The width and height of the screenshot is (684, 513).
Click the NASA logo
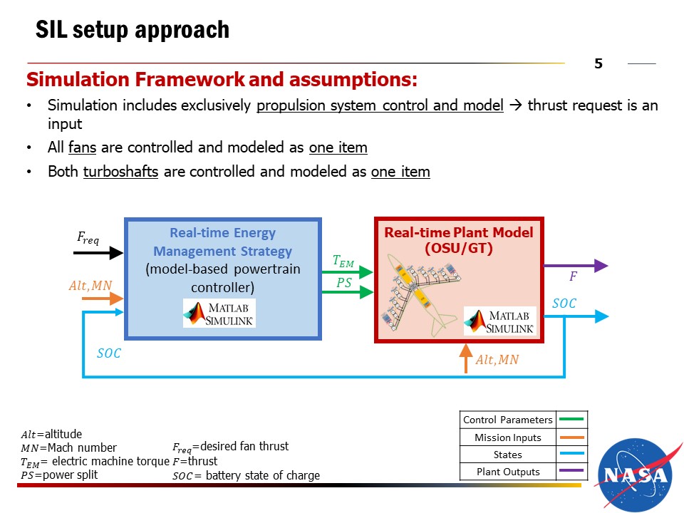click(x=635, y=475)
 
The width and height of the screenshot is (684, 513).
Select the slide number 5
click(x=598, y=63)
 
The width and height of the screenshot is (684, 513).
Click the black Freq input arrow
click(x=98, y=252)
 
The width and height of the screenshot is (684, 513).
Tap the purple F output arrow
click(x=576, y=265)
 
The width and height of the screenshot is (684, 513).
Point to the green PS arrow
click(x=348, y=291)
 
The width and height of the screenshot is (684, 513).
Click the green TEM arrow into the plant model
click(x=348, y=272)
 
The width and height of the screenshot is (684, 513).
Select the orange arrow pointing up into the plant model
click(x=466, y=358)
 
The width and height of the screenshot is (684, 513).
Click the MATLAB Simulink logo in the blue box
click(x=219, y=313)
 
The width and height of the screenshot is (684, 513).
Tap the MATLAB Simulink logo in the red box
click(x=500, y=321)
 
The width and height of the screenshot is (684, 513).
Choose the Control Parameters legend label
click(x=508, y=420)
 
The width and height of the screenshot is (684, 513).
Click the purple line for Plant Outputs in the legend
click(x=571, y=470)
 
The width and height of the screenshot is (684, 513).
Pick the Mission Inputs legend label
click(x=508, y=437)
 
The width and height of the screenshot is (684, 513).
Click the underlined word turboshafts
click(x=121, y=172)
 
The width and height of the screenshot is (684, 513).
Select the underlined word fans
click(x=83, y=147)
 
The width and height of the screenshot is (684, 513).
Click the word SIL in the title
click(x=51, y=30)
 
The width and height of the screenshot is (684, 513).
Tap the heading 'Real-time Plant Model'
click(x=458, y=232)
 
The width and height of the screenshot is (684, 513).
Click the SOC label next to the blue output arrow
click(x=564, y=304)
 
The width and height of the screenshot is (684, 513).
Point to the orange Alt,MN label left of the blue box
click(x=90, y=285)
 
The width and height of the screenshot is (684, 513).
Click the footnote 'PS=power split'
click(x=59, y=475)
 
